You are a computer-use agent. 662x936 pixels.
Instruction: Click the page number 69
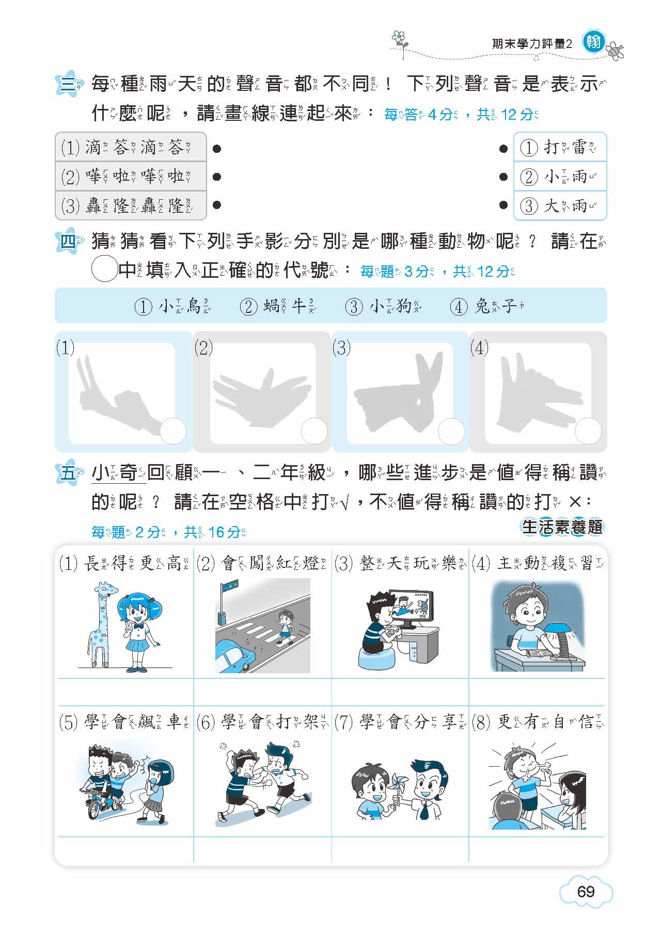[x=586, y=891]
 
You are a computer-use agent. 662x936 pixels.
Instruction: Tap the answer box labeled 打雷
[x=560, y=147]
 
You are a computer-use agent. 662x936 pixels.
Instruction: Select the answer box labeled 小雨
[x=560, y=177]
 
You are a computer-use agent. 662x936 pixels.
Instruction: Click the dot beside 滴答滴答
[x=217, y=149]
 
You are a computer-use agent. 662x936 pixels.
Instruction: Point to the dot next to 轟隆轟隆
[x=217, y=205]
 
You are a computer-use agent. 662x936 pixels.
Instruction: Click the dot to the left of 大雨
[x=503, y=205]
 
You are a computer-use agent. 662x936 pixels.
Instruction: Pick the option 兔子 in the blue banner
[x=488, y=307]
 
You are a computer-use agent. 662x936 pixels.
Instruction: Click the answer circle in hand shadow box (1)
[x=172, y=431]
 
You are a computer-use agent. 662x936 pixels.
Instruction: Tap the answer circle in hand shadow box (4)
[x=588, y=431]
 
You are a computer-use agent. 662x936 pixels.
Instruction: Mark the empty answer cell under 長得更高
[x=125, y=692]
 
